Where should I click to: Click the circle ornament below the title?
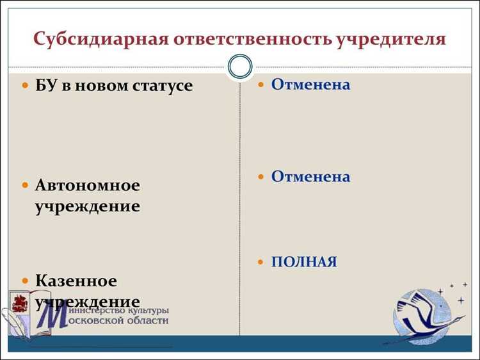241,67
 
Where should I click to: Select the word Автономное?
87,185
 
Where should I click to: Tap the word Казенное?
76,281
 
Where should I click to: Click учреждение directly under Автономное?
87,206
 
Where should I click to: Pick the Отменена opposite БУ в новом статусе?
310,84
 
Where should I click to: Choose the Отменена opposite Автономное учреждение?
310,177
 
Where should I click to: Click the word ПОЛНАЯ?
303,262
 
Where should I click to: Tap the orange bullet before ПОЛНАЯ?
260,263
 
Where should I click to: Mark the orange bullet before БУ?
25,86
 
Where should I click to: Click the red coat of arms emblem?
20,302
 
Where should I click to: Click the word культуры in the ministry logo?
147,309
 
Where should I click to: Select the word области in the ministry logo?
147,320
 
